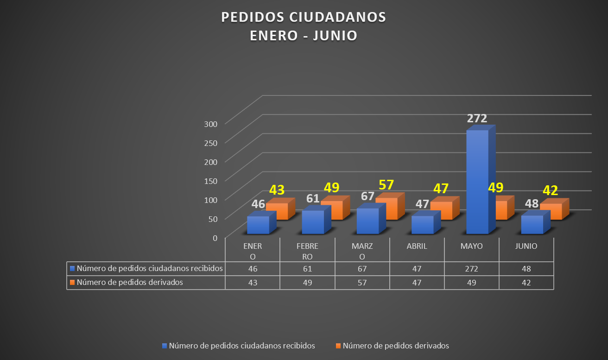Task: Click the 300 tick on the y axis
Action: click(211, 124)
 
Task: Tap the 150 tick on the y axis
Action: click(211, 181)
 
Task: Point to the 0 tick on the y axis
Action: click(215, 238)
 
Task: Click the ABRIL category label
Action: click(417, 246)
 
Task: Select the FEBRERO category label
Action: click(307, 251)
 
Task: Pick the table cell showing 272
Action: click(471, 269)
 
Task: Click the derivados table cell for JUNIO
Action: click(526, 283)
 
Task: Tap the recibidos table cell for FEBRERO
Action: click(307, 269)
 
